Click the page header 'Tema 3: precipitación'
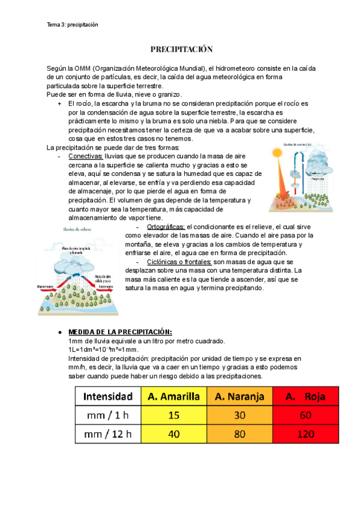coord(72,25)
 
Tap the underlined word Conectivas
coord(85,156)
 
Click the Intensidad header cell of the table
coord(108,396)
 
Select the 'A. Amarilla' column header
coord(173,396)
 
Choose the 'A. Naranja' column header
coord(239,396)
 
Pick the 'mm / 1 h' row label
coord(108,414)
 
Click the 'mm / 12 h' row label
coord(108,433)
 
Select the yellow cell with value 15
coord(173,414)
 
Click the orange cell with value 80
coord(239,433)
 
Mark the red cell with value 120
coord(306,433)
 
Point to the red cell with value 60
coord(306,414)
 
